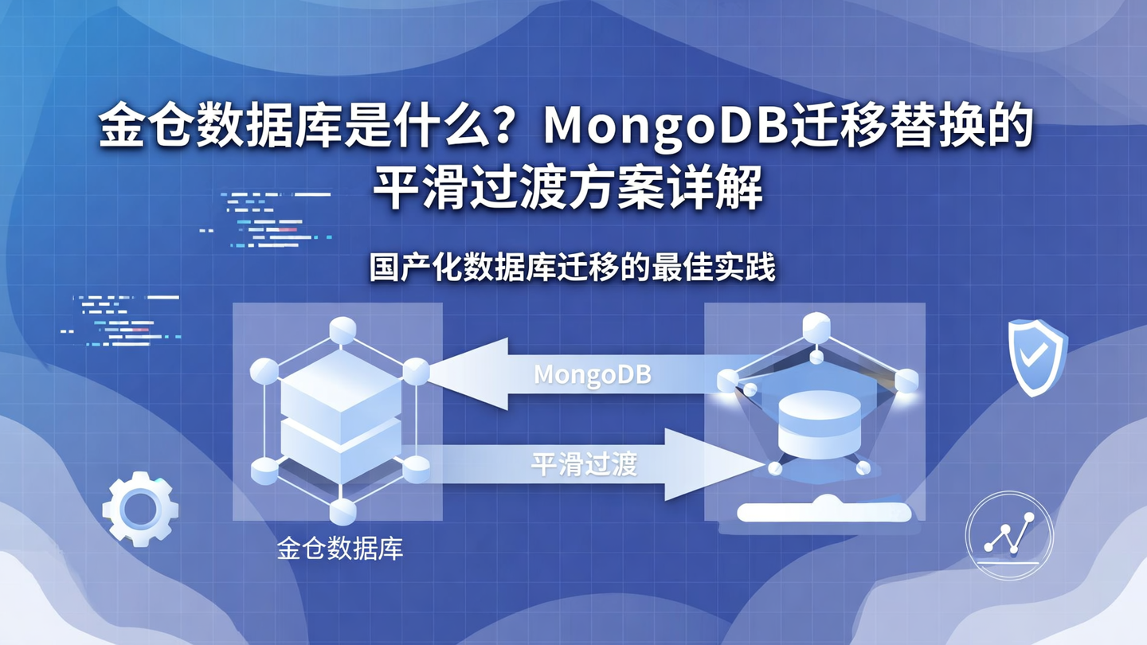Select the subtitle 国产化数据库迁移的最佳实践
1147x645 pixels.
pos(572,268)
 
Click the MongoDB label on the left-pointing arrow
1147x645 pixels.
pos(593,374)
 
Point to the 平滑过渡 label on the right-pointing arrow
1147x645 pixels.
pos(585,464)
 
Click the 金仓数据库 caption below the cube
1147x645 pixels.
pos(340,549)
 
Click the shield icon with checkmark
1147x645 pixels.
pos(1036,357)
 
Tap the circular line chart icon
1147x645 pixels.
pos(1008,535)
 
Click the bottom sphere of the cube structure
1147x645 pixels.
pos(343,510)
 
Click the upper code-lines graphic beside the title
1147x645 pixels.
pos(267,215)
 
